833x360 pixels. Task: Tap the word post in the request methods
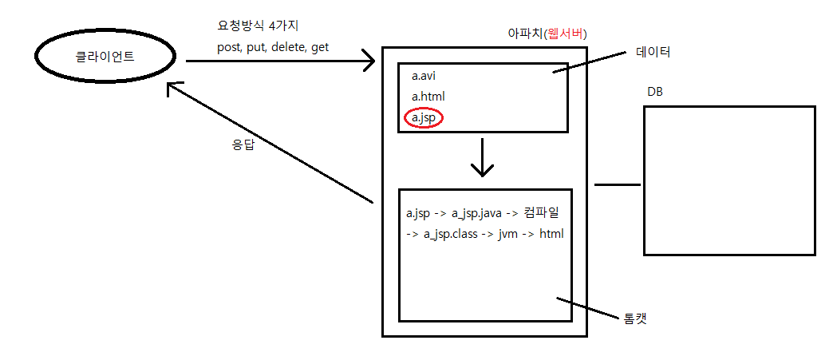230,47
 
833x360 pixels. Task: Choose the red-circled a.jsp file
424,117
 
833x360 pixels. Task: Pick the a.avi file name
424,77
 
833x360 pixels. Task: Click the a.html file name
428,97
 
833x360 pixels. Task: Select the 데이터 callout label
653,53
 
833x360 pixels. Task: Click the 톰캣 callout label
634,318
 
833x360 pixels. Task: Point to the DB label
654,92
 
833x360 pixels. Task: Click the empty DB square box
728,180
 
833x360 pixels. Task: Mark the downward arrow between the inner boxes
482,159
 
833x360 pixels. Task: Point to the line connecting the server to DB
618,184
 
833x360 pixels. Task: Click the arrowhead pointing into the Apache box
368,60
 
